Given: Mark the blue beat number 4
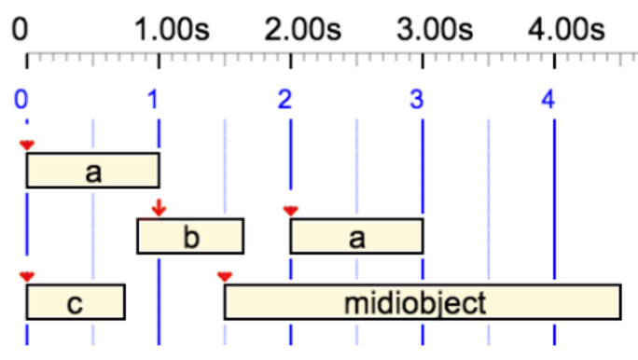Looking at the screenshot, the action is tap(549, 98).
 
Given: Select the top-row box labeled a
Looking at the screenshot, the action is tap(92, 170).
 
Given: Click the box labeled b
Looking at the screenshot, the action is tap(190, 236).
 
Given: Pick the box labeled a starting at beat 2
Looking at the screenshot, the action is tap(356, 236).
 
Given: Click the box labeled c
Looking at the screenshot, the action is tap(76, 302).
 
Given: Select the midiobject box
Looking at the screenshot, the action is tap(423, 302).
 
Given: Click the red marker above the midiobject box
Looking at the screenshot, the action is tap(224, 276).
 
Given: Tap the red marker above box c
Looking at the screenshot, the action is tap(26, 276).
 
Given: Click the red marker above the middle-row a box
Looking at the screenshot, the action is tap(290, 210).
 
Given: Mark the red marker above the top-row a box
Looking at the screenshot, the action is tap(26, 144).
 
